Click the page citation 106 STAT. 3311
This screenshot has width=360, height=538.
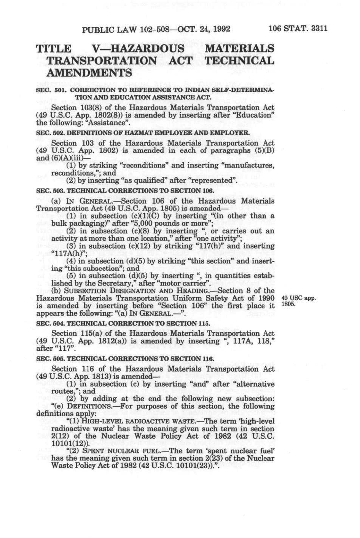298,29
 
